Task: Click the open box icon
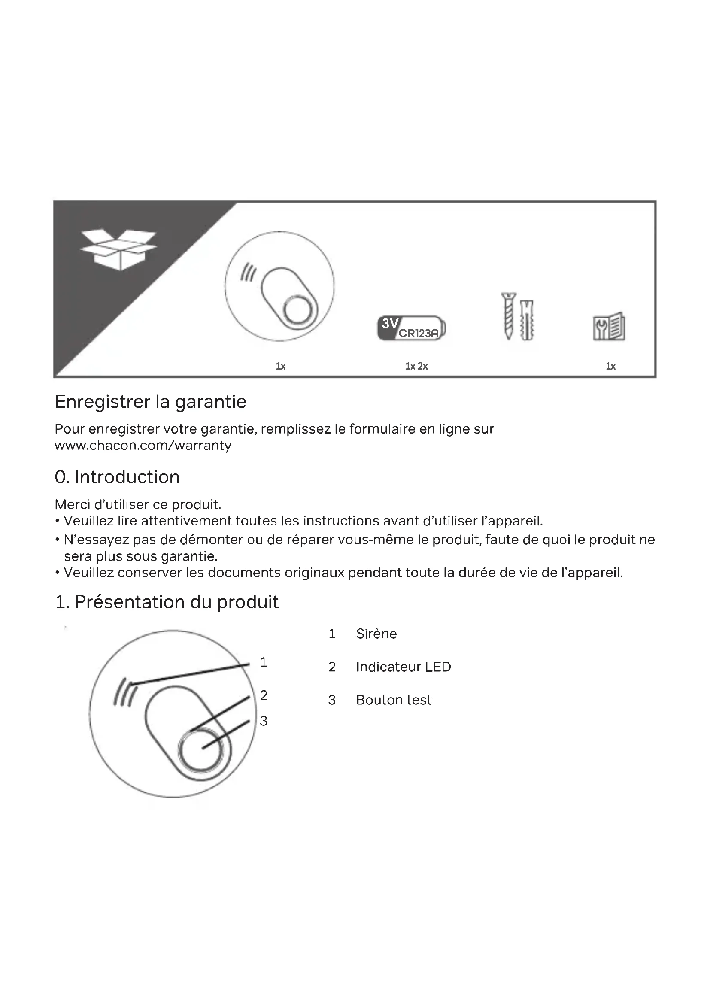click(118, 250)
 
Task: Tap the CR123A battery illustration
click(412, 328)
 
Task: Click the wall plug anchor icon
click(528, 321)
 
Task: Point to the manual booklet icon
click(609, 326)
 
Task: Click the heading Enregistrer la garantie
click(150, 402)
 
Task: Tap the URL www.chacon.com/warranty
click(143, 446)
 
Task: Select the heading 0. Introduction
click(117, 477)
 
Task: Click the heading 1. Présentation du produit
click(167, 602)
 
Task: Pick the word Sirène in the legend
click(376, 634)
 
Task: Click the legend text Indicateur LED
click(403, 667)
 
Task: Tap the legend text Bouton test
click(394, 700)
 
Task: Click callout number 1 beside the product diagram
click(264, 662)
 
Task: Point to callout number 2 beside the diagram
click(264, 695)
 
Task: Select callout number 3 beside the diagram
click(264, 721)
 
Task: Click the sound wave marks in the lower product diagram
click(125, 692)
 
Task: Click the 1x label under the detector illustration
click(281, 366)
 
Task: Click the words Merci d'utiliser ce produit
click(138, 505)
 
